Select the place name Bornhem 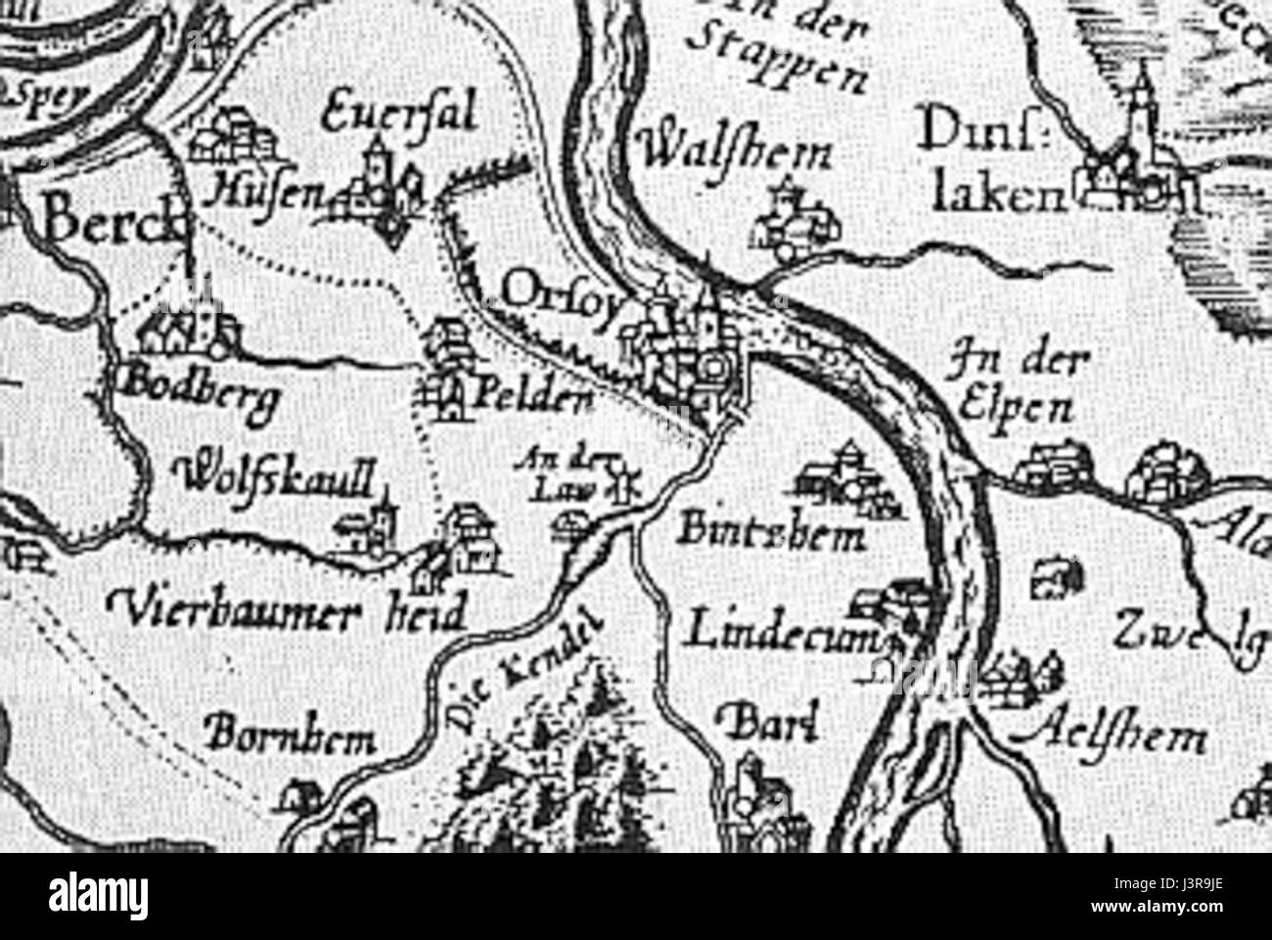pyautogui.click(x=292, y=739)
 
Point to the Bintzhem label pyautogui.click(x=773, y=533)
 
